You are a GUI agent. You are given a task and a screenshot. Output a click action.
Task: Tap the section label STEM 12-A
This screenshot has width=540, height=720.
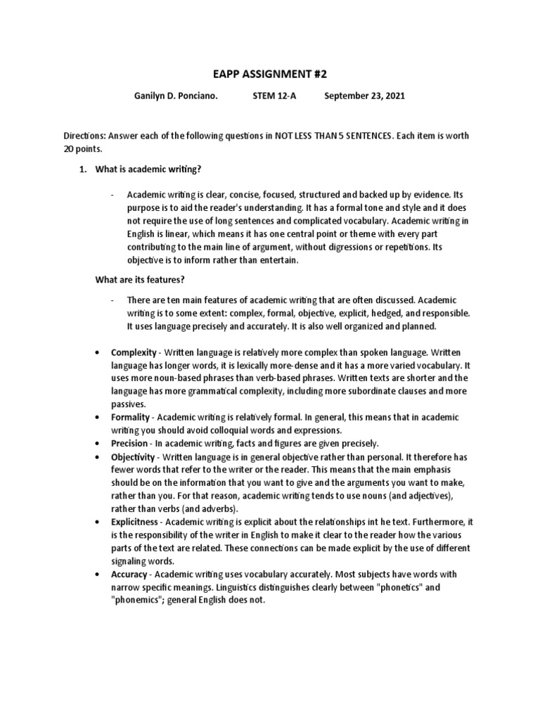click(x=274, y=96)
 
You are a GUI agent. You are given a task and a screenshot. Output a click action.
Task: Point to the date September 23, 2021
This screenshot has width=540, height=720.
click(x=364, y=96)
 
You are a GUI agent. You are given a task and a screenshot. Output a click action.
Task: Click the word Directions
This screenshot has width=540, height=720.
click(x=85, y=136)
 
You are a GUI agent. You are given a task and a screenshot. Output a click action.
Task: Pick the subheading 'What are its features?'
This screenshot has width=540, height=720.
click(x=140, y=280)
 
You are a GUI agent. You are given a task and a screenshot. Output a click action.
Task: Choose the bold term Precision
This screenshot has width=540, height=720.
click(x=129, y=444)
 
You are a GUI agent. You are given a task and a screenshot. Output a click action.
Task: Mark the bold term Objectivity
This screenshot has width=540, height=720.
click(x=133, y=457)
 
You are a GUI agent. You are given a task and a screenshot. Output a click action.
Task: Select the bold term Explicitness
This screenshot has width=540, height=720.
click(x=136, y=522)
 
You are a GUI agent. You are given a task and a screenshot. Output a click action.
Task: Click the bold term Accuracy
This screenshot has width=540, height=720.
click(x=129, y=574)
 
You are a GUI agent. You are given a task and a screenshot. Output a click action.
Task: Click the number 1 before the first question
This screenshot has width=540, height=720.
click(x=82, y=169)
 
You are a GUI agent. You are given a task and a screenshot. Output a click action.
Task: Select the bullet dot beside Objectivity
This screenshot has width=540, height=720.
click(x=96, y=457)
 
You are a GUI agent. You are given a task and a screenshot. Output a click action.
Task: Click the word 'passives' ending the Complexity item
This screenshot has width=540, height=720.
click(x=128, y=404)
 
